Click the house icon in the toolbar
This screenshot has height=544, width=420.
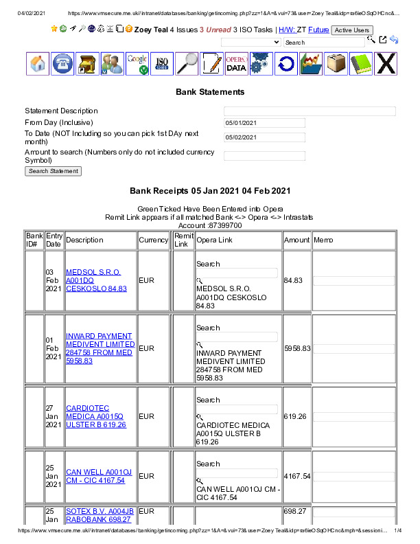click(x=38, y=64)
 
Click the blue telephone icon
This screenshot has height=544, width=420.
click(x=63, y=64)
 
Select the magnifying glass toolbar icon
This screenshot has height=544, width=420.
click(x=187, y=64)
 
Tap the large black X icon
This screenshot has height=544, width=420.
click(x=386, y=64)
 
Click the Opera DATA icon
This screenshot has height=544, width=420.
click(x=236, y=64)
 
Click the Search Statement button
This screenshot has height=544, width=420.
click(x=54, y=171)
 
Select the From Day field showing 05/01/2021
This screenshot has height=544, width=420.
click(x=264, y=123)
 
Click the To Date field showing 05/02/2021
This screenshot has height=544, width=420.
click(x=264, y=137)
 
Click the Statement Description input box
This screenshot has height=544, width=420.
click(x=310, y=111)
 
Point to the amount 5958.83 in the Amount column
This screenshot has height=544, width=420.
click(x=297, y=348)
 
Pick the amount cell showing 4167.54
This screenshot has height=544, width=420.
click(x=297, y=476)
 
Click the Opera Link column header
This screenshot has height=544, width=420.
click(x=214, y=240)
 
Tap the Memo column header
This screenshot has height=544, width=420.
click(x=323, y=240)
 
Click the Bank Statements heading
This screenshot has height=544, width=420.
click(x=210, y=91)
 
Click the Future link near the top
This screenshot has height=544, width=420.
click(x=318, y=30)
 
